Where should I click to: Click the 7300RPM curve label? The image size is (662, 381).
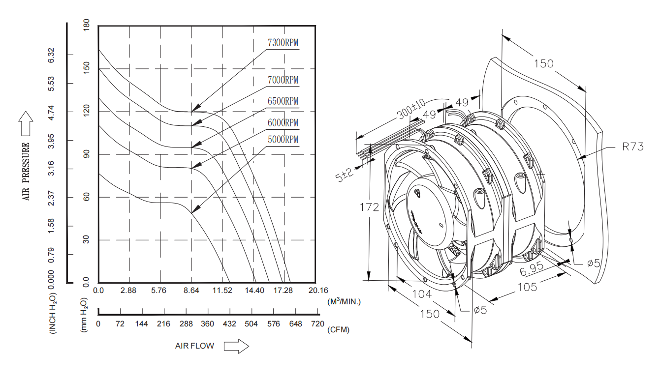click(283, 43)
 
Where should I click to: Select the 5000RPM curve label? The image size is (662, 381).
click(283, 140)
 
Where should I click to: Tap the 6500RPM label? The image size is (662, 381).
click(283, 101)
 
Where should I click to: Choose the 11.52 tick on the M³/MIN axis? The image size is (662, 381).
click(222, 291)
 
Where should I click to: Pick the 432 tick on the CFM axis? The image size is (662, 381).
click(229, 324)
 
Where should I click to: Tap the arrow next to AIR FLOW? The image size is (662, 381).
click(236, 346)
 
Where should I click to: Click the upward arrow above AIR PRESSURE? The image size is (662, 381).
click(26, 123)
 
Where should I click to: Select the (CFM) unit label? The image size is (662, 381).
click(338, 330)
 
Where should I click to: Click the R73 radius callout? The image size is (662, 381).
click(632, 147)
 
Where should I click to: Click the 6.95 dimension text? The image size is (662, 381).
click(531, 268)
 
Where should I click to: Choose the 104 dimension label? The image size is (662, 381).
click(422, 294)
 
